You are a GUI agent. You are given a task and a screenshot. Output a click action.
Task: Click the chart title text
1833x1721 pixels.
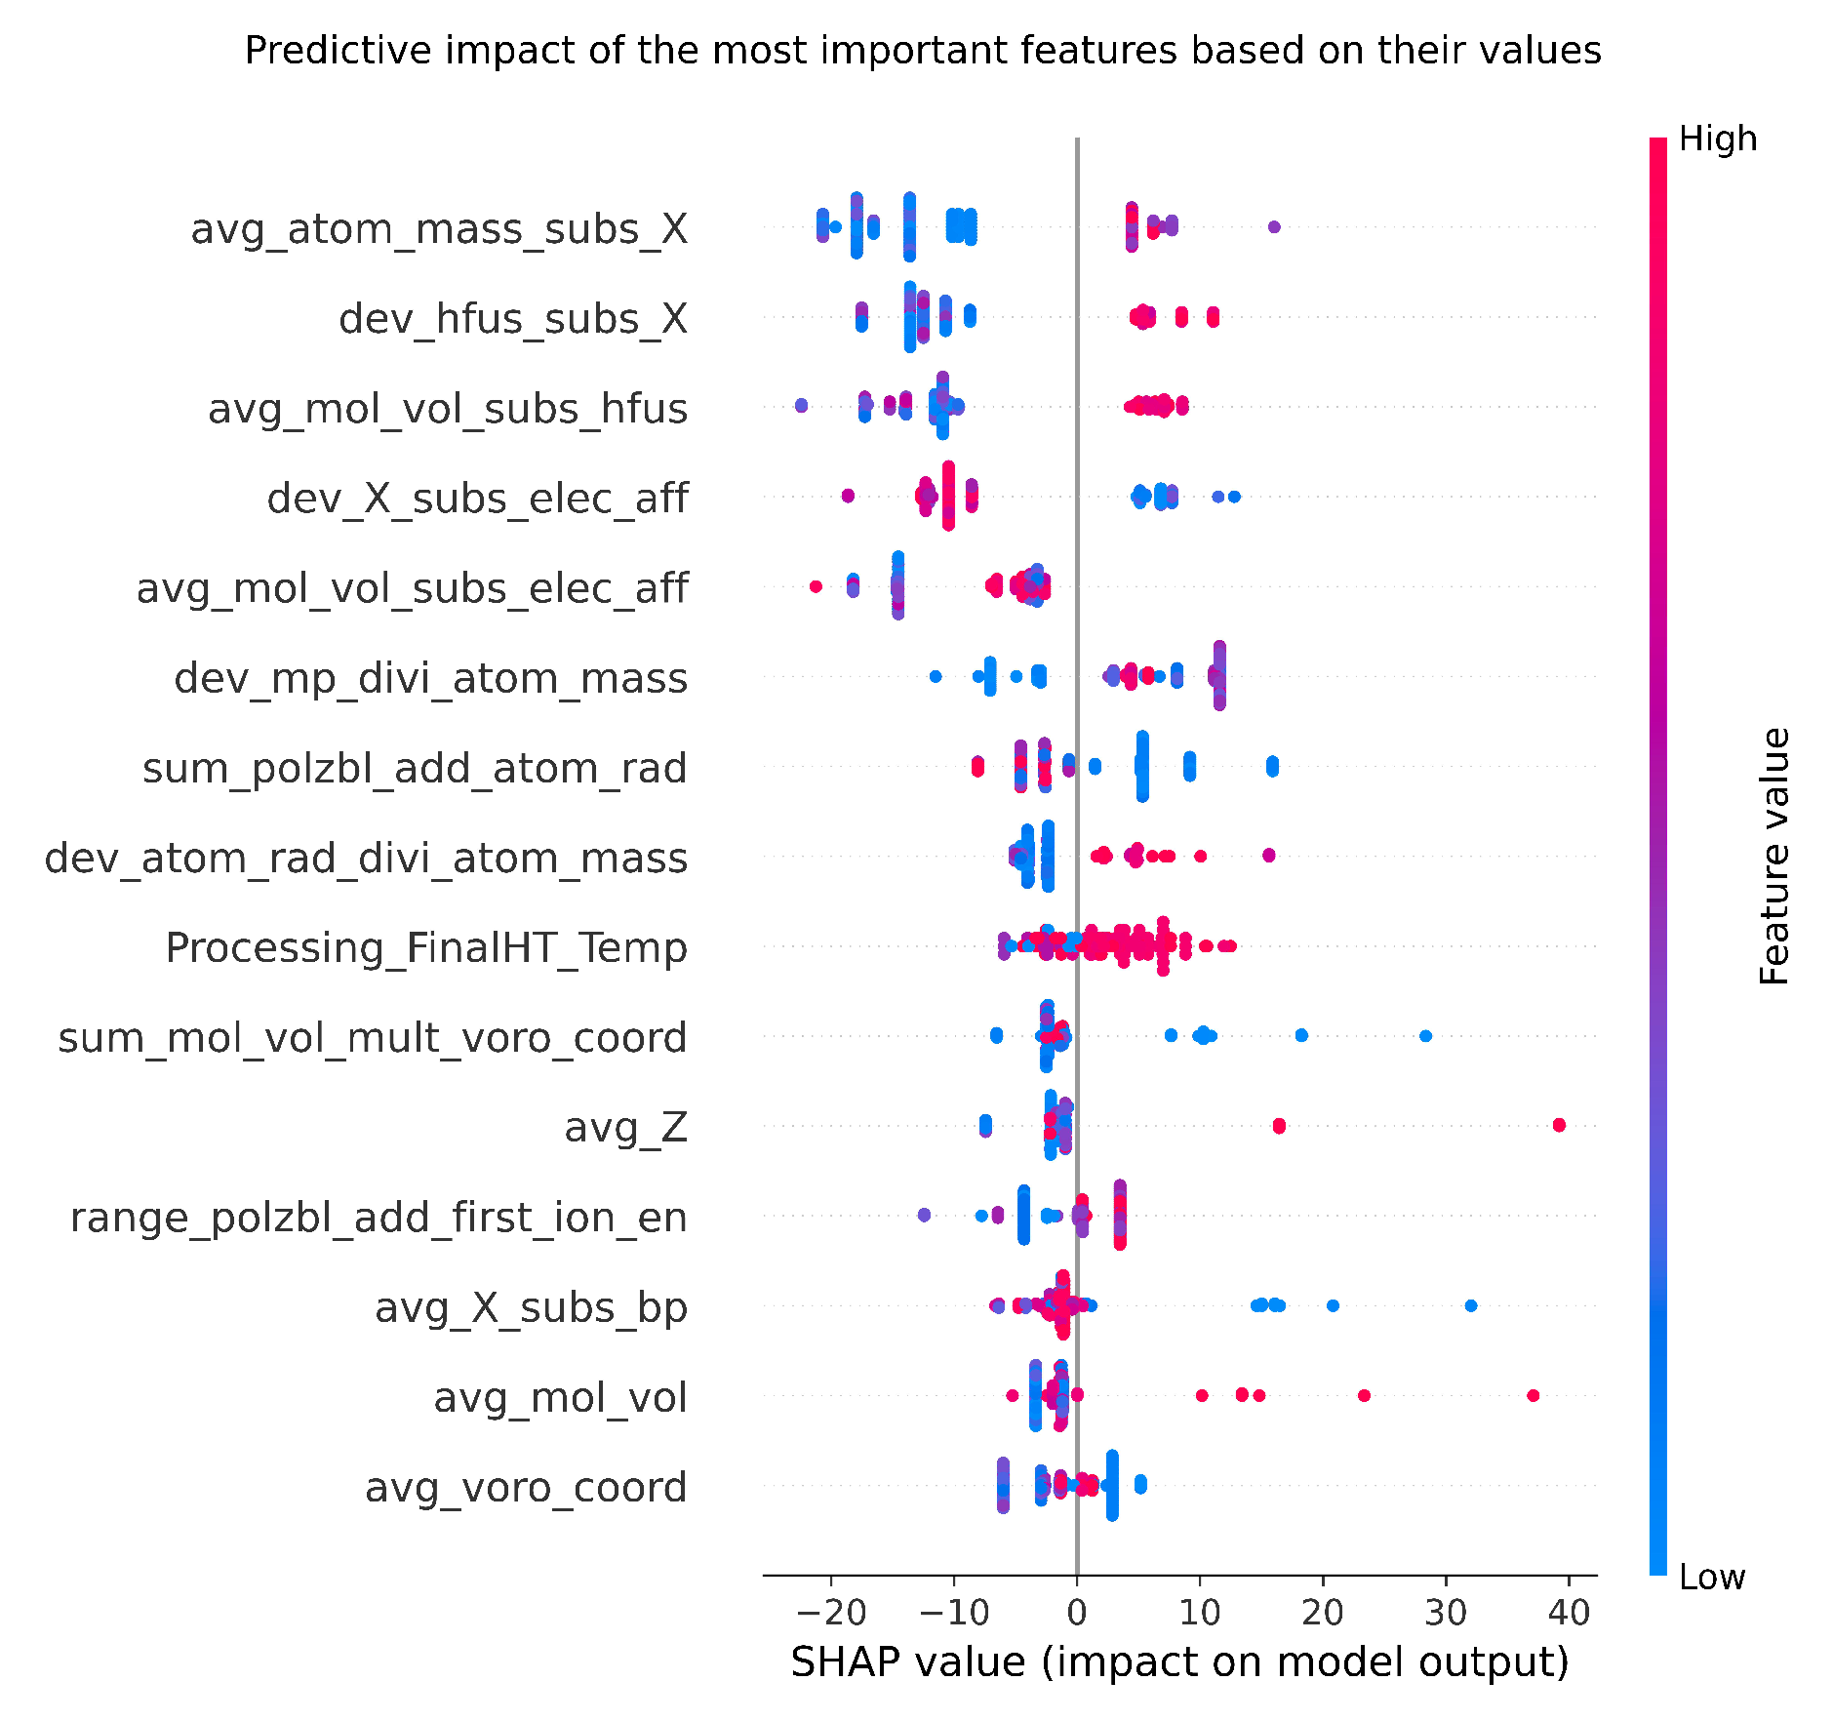[x=922, y=51]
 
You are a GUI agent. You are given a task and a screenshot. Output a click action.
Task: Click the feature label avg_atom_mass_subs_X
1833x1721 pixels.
[x=439, y=229]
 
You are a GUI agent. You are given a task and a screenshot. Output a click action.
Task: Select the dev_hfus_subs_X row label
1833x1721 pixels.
[x=513, y=319]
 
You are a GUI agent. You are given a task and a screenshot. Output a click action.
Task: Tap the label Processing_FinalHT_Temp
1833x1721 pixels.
[x=426, y=947]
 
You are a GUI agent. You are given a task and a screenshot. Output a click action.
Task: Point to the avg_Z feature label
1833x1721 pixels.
[x=626, y=1128]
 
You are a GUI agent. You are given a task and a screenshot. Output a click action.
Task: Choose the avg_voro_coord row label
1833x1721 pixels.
[x=526, y=1488]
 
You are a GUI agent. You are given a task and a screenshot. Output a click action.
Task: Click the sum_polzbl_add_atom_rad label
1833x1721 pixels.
[x=415, y=768]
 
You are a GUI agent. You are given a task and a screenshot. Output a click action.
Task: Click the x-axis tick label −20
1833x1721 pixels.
[x=830, y=1613]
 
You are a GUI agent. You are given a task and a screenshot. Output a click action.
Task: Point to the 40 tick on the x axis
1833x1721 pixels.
[x=1569, y=1613]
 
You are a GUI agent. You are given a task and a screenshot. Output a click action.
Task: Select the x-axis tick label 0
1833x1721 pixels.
[x=1077, y=1613]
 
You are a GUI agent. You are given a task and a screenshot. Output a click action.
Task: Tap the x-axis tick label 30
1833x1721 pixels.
[x=1446, y=1613]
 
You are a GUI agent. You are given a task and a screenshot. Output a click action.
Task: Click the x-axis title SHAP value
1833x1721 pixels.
[x=1179, y=1662]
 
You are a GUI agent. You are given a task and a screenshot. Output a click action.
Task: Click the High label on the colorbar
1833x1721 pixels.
[x=1718, y=140]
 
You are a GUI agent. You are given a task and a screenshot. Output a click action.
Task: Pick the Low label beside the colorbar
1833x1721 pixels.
[x=1712, y=1577]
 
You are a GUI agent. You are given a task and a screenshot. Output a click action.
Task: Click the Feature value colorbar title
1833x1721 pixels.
[x=1775, y=857]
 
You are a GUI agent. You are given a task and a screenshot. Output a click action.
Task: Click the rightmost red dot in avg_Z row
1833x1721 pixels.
[x=1559, y=1125]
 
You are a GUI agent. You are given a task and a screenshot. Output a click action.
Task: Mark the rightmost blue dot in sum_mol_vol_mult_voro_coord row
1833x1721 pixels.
[x=1425, y=1035]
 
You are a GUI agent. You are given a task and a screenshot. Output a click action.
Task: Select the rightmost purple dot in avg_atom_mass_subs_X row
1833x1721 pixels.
[x=1274, y=227]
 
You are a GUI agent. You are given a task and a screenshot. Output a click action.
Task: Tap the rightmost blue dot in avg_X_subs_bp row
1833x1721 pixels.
[x=1471, y=1305]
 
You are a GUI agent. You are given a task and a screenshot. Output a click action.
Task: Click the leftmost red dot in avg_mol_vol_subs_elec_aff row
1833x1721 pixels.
[x=816, y=586]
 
